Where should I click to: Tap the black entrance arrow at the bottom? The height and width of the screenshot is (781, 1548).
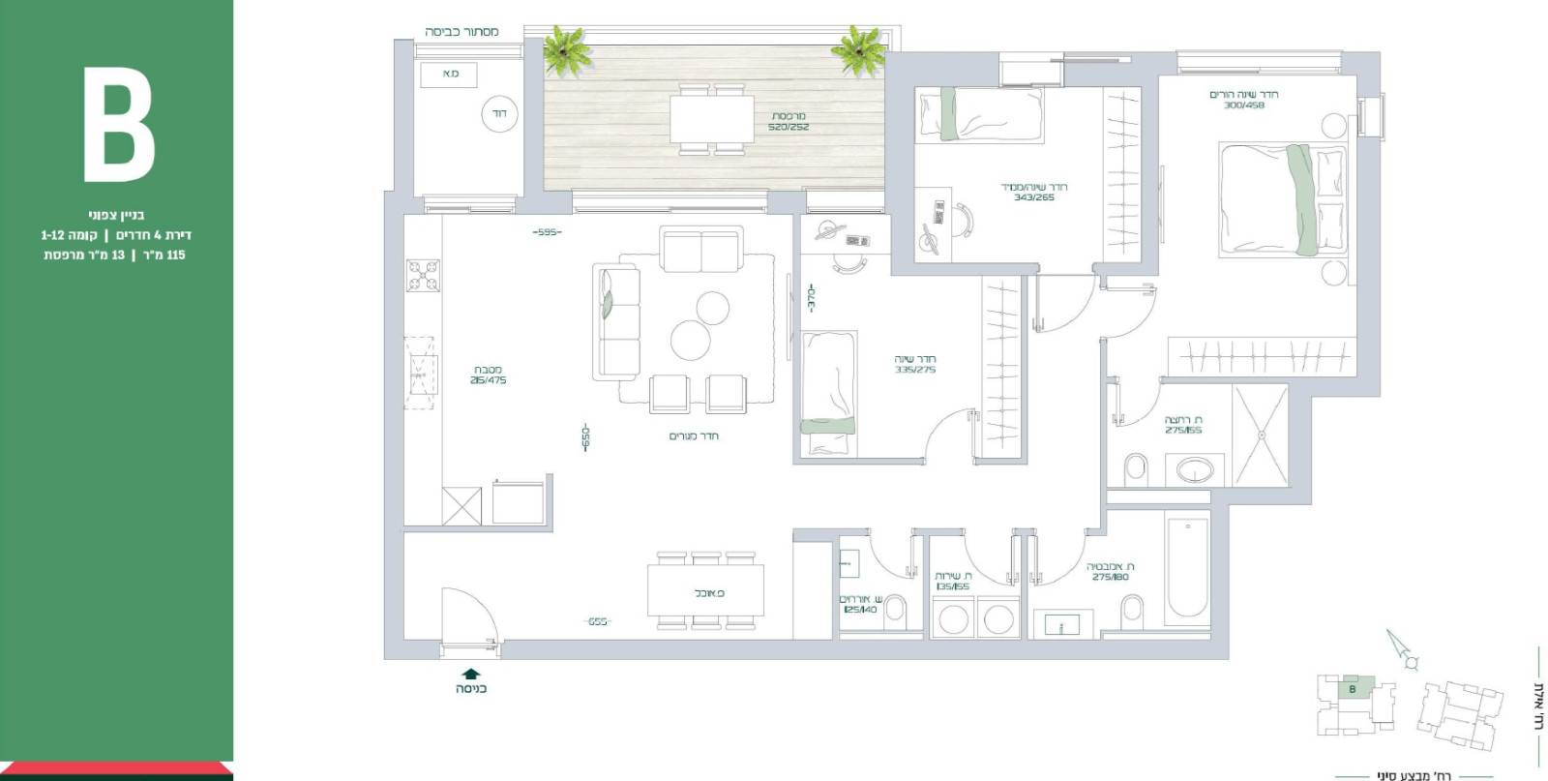click(470, 673)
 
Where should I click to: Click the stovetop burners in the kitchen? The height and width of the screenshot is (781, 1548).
click(423, 276)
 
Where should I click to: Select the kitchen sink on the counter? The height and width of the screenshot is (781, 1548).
click(420, 368)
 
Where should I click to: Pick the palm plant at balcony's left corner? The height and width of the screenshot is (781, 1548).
click(568, 50)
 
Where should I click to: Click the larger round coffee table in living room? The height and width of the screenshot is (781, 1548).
click(691, 341)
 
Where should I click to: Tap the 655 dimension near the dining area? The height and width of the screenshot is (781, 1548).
click(598, 621)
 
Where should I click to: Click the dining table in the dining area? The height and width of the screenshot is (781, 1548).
click(706, 591)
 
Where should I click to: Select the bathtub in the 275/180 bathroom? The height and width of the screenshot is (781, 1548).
click(1187, 568)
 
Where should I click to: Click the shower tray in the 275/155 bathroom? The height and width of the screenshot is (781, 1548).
click(1261, 436)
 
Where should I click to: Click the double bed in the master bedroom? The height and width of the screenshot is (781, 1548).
click(1281, 200)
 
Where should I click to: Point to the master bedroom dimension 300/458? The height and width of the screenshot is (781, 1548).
click(1243, 105)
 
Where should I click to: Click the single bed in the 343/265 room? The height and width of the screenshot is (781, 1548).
click(979, 115)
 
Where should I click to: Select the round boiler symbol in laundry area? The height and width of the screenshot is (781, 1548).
click(498, 114)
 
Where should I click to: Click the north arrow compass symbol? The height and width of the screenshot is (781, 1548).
click(1402, 650)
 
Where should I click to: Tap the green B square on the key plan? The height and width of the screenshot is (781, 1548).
click(1353, 688)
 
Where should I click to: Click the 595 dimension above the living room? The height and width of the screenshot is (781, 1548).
click(548, 232)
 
